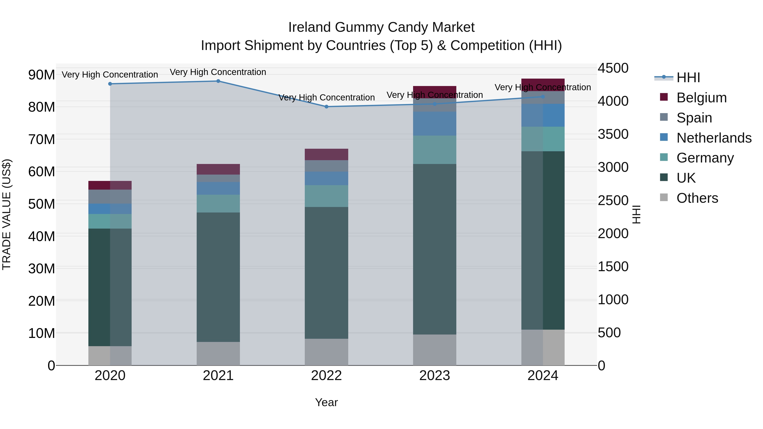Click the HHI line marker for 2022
pos(326,107)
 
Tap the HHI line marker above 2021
pos(218,81)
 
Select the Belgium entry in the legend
pos(701,98)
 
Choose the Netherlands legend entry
pos(714,138)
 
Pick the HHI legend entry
pos(688,78)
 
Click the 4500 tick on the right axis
pos(613,68)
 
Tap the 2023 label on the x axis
pos(434,376)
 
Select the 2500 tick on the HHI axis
pos(613,200)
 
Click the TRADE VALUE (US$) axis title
pos(7,214)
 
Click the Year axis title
pos(326,402)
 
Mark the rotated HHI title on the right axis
pos(636,214)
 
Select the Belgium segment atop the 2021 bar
pos(218,169)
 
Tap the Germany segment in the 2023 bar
pos(434,150)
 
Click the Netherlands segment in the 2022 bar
pos(326,179)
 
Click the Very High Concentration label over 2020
pos(110,75)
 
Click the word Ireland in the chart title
pos(309,27)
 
